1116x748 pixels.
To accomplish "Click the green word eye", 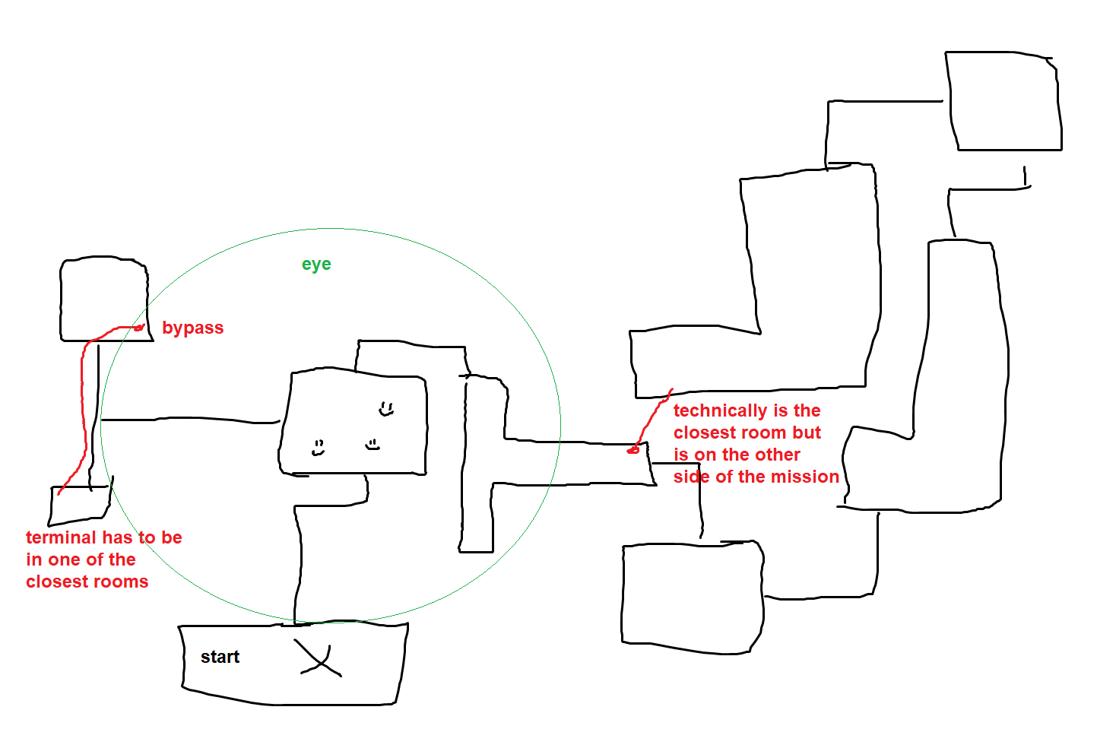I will [316, 265].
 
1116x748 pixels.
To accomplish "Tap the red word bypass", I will [192, 328].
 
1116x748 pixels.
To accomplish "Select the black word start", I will [220, 657].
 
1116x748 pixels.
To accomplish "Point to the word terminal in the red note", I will [61, 537].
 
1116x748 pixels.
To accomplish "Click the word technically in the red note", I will [720, 410].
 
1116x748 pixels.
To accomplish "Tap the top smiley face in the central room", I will [386, 409].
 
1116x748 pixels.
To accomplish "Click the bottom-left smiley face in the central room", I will [319, 448].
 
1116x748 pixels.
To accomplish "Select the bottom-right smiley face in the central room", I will [373, 444].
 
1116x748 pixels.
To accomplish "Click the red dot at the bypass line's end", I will [139, 328].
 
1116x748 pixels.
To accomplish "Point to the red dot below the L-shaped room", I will [633, 451].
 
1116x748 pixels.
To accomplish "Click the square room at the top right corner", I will [1003, 101].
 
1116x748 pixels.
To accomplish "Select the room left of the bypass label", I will [104, 299].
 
